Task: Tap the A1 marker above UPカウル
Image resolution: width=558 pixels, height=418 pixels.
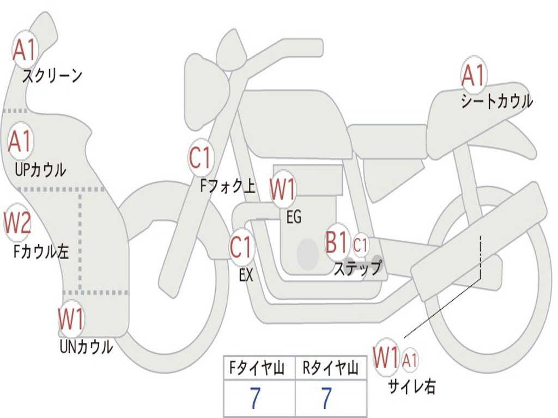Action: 21,141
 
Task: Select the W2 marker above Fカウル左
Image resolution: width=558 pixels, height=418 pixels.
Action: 17,223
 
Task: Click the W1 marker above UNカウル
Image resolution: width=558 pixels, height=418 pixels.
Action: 71,319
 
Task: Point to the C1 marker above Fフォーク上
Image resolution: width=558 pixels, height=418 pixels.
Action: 201,157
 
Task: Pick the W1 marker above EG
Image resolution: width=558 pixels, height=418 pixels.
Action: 283,189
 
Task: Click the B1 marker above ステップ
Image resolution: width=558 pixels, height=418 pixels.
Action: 337,242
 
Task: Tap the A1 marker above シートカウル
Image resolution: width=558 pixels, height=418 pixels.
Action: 474,75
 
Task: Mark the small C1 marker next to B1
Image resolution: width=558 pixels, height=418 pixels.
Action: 360,245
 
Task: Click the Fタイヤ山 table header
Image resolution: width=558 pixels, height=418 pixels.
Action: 257,368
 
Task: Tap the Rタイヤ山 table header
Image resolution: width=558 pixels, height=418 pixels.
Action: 331,368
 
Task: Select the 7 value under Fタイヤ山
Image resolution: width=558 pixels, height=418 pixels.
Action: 255,398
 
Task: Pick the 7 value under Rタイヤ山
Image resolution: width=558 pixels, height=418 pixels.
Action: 327,398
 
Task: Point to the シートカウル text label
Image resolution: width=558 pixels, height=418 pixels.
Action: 497,101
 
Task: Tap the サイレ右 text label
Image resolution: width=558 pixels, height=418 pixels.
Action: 412,386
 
